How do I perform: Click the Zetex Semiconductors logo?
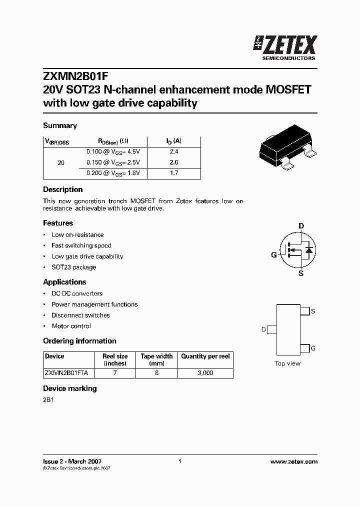286,48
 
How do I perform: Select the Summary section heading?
60,125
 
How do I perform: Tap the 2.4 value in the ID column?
173,151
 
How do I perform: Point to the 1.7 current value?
173,173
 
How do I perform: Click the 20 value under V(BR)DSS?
61,162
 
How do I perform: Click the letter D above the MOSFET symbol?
301,226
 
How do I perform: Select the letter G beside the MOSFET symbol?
274,255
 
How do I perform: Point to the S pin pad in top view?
304,311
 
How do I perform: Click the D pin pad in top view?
272,329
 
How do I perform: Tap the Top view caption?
287,363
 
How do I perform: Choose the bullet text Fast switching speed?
81,245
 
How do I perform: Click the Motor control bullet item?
71,326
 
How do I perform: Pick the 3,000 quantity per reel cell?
205,373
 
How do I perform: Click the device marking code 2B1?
48,400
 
